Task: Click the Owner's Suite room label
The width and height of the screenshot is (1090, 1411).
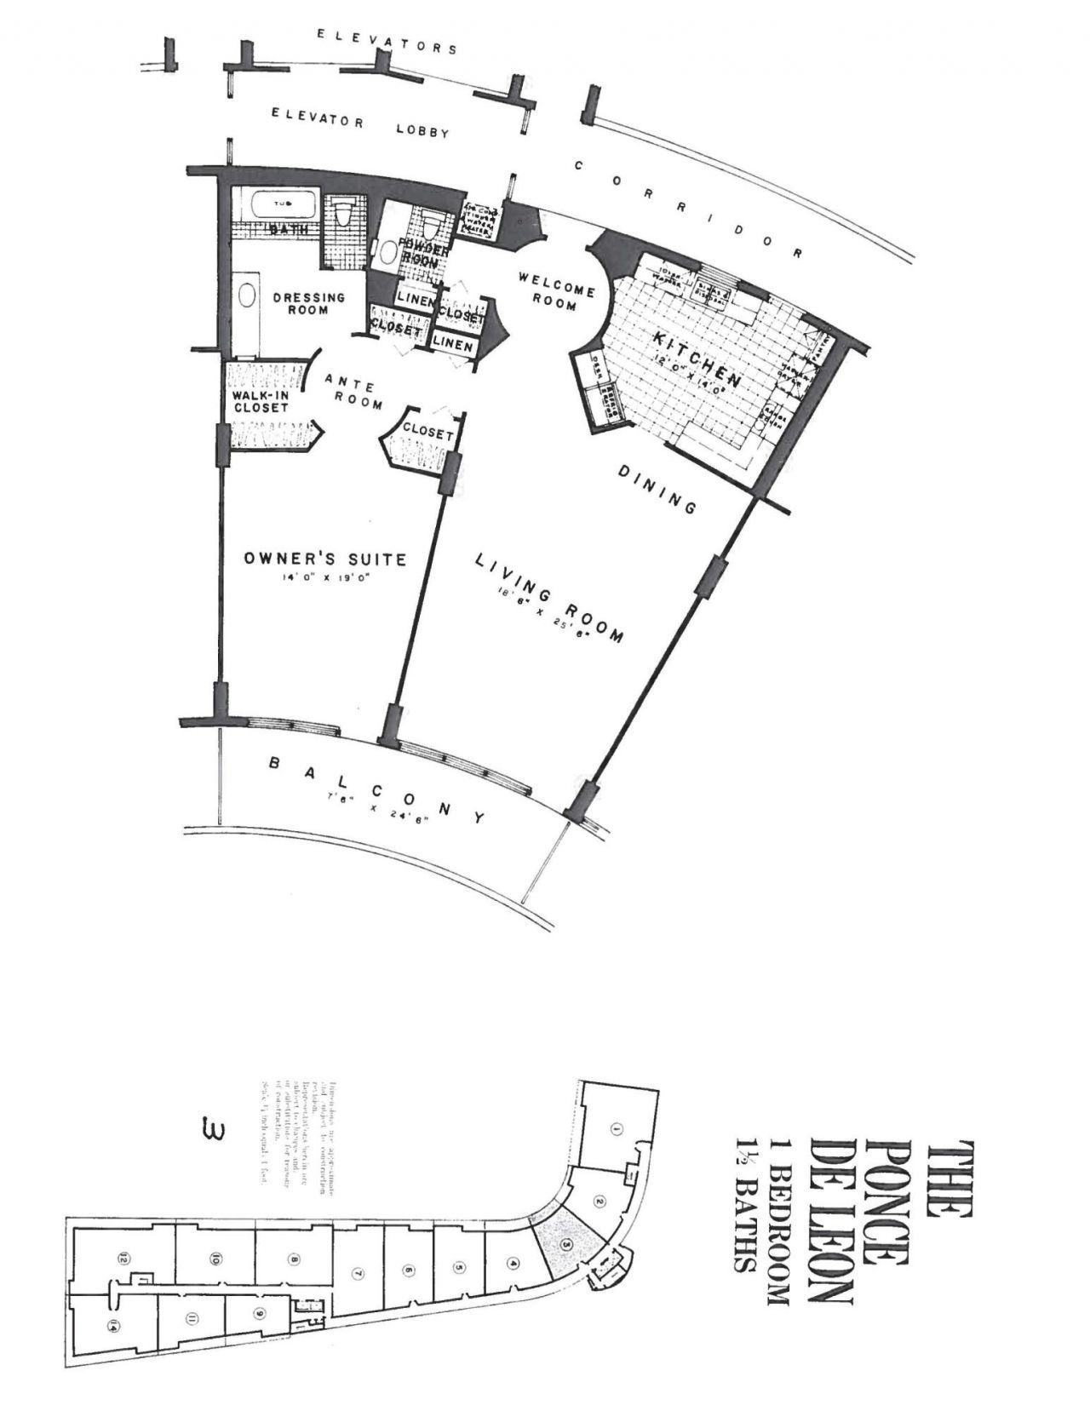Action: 324,559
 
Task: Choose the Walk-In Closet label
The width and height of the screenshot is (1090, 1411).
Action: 261,401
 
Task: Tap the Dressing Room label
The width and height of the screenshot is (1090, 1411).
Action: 308,303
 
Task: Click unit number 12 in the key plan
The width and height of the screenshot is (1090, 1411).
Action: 124,1257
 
